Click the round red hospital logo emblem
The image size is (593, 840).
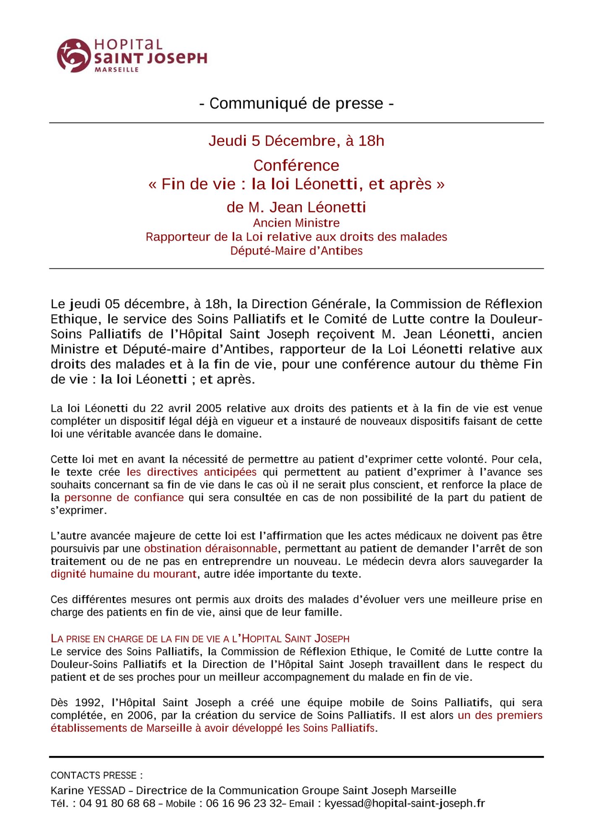[73, 55]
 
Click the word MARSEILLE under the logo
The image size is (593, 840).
[117, 70]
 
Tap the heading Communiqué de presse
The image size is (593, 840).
[296, 103]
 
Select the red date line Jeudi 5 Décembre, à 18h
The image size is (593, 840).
[296, 141]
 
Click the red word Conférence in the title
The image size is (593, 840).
[296, 165]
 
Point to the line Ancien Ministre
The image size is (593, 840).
[296, 223]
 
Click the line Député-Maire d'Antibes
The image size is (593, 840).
[296, 251]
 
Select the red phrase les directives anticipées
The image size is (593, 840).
[191, 472]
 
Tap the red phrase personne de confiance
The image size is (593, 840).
[124, 498]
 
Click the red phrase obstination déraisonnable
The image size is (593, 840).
[210, 549]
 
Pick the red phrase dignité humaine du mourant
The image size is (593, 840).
[123, 574]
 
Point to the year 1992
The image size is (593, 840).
[89, 703]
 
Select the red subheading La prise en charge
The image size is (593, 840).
[200, 639]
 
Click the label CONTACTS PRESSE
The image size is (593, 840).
[96, 775]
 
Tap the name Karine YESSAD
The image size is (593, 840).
[88, 790]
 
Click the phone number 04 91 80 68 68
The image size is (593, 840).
[117, 803]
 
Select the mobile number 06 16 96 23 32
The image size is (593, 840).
[244, 803]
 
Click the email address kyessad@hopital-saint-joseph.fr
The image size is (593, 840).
[405, 803]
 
